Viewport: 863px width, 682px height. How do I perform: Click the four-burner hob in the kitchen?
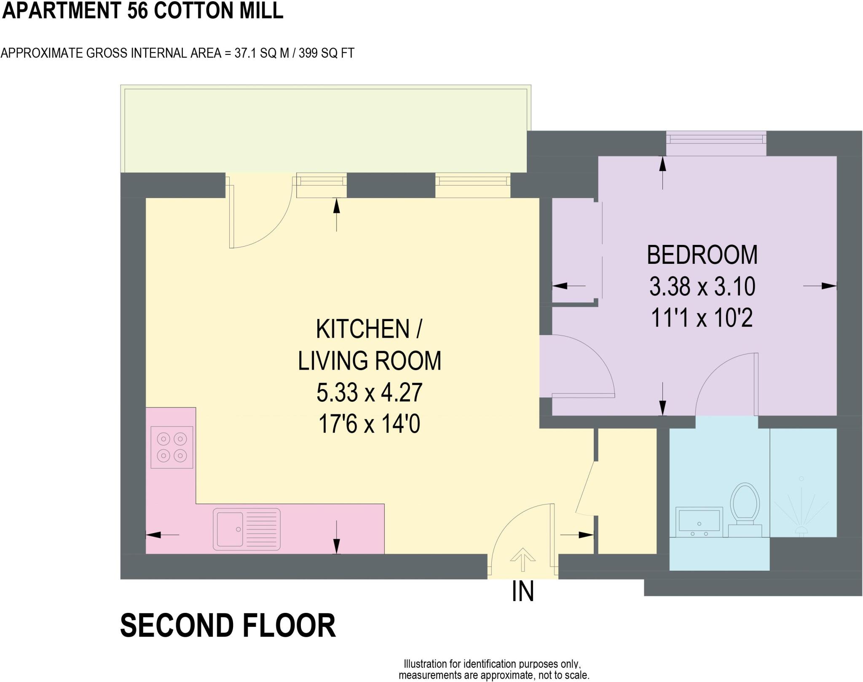pos(172,447)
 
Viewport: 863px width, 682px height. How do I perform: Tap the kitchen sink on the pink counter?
pos(247,529)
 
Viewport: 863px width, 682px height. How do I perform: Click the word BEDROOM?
pos(702,255)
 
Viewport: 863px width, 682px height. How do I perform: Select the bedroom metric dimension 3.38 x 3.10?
pos(702,287)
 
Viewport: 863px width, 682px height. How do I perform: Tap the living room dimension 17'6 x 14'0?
pos(369,424)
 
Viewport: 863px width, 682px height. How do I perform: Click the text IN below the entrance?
pos(523,591)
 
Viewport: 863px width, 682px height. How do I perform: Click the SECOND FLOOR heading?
pos(228,626)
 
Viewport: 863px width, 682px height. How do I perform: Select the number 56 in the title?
pos(138,11)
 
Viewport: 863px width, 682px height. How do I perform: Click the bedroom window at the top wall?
pos(716,138)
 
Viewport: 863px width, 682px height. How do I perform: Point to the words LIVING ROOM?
pos(369,361)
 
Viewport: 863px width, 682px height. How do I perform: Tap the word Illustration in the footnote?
pos(425,664)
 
